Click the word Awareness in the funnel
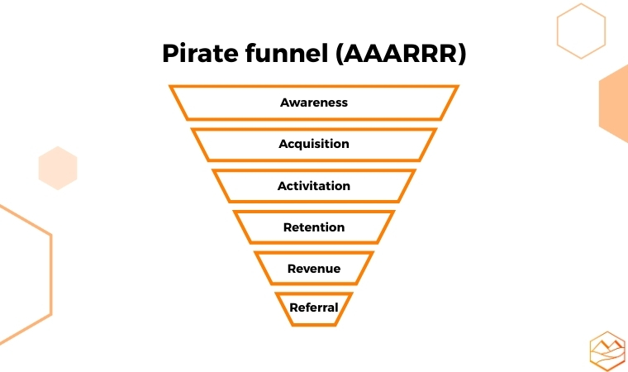point(314,103)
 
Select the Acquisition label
point(314,144)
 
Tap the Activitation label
point(314,186)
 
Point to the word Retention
point(314,227)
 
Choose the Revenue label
point(314,269)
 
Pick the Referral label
point(314,308)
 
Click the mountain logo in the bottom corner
point(607,351)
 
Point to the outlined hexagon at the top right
point(581,31)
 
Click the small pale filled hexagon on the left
point(58,168)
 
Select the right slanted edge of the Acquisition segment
point(428,145)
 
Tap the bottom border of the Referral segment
point(314,324)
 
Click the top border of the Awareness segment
point(314,86)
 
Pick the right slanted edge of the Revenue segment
point(365,269)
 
